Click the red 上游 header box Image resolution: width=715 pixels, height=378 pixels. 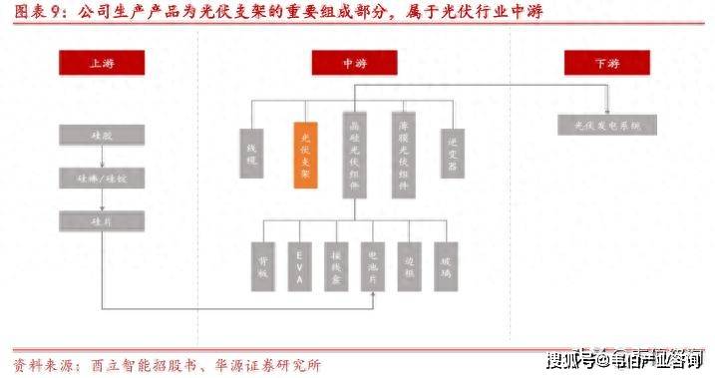pyautogui.click(x=101, y=63)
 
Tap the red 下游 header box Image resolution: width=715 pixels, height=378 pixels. pyautogui.click(x=606, y=63)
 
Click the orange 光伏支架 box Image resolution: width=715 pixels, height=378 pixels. pyautogui.click(x=305, y=155)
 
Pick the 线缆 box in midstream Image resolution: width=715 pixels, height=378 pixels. pyautogui.click(x=253, y=156)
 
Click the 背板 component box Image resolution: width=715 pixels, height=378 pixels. pyautogui.click(x=262, y=265)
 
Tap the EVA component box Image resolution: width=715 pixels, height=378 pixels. pyautogui.click(x=299, y=265)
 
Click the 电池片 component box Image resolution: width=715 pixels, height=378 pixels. pyautogui.click(x=372, y=265)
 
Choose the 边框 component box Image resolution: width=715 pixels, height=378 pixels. pyautogui.click(x=409, y=265)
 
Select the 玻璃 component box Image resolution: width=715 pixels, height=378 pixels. pyautogui.click(x=446, y=265)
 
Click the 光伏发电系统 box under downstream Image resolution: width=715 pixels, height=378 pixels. pyautogui.click(x=606, y=125)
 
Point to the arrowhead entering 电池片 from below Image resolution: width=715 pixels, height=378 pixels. pyautogui.click(x=372, y=293)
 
